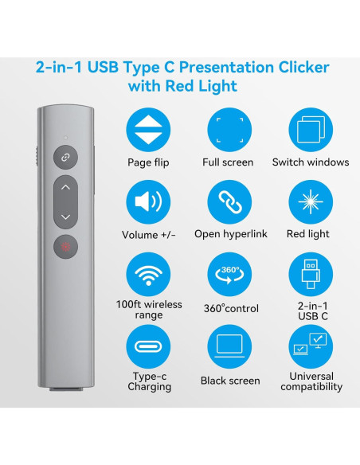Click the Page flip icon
pos(148,131)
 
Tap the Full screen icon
pos(229,131)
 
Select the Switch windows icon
pos(310,131)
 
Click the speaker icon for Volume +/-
pos(148,202)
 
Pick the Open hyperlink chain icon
pos(229,202)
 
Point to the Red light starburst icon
pos(310,202)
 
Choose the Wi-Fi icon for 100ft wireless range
pos(148,275)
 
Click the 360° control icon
pos(229,275)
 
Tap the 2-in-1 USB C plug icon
pos(310,275)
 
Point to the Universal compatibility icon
pos(310,346)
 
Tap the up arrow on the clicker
pos(65,189)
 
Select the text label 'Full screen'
pos(229,162)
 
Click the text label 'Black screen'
pos(229,381)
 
